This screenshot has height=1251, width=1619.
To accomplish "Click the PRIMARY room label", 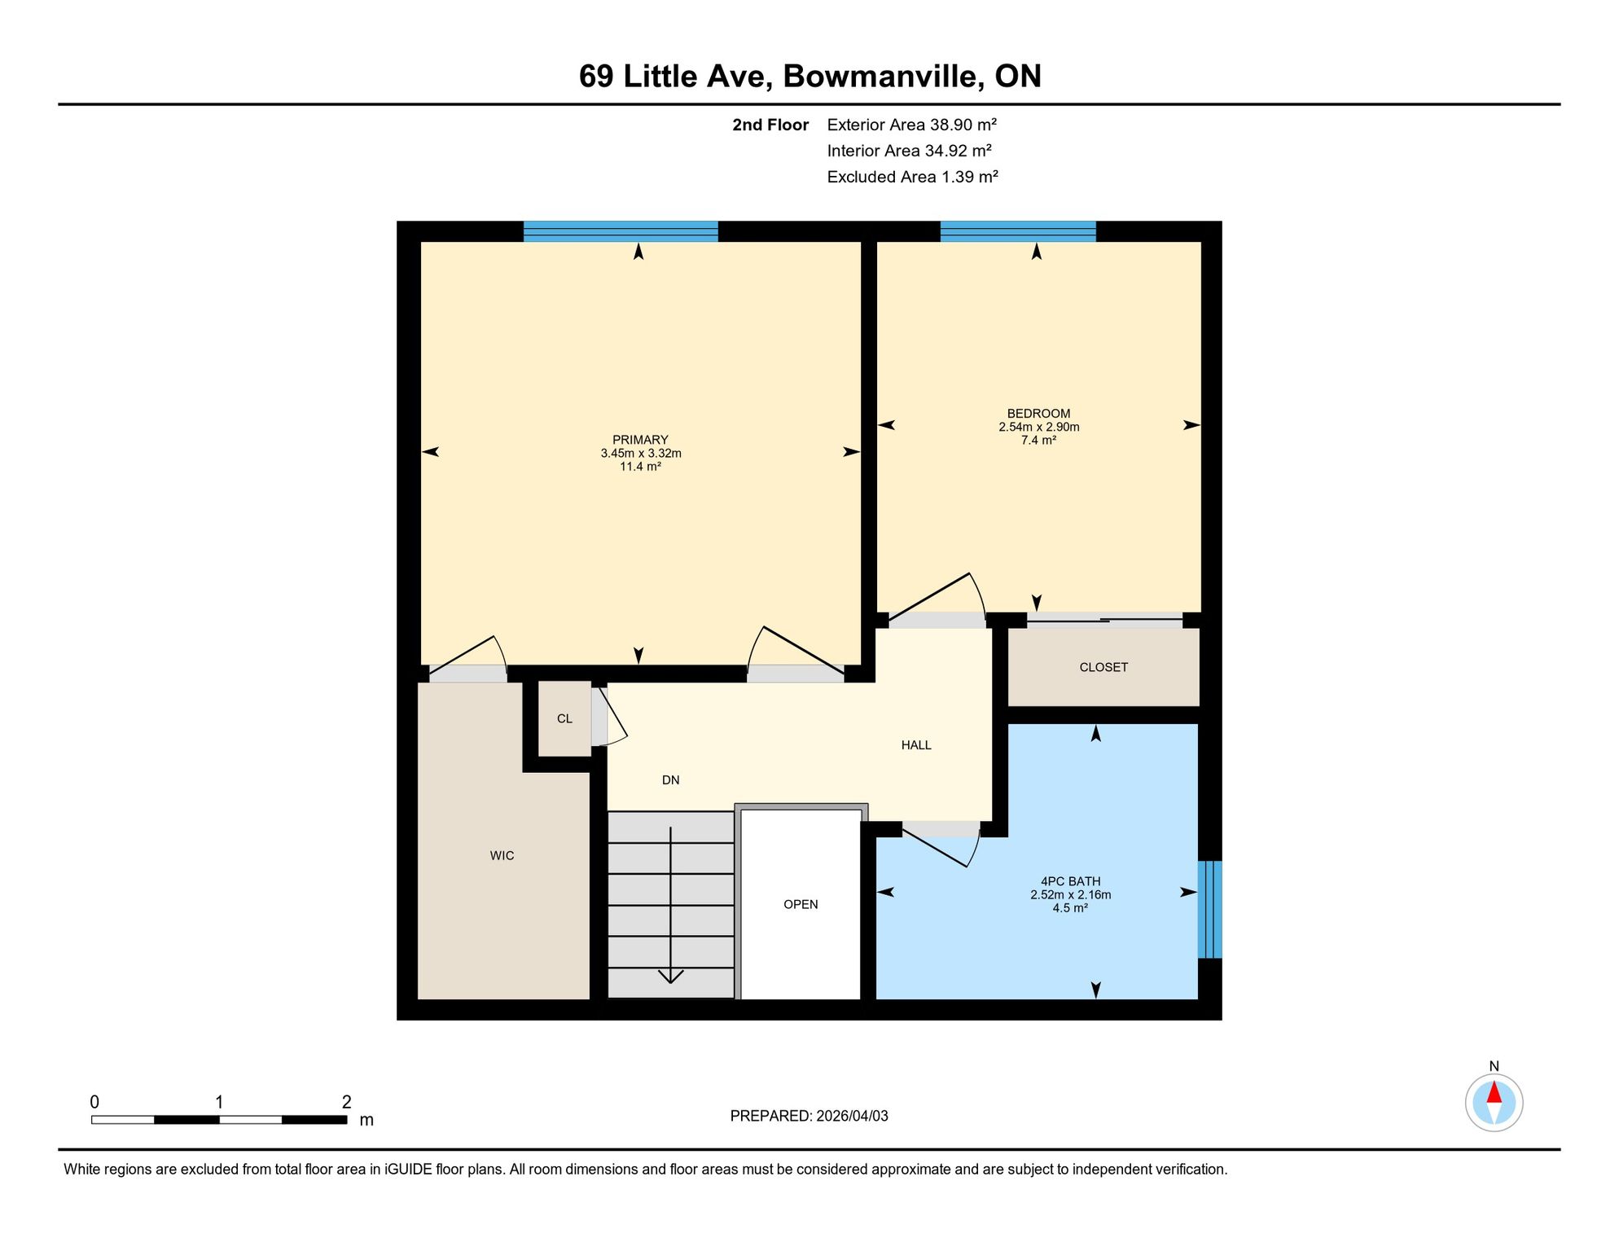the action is (x=640, y=440).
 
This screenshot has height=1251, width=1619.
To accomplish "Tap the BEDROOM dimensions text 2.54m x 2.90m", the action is (x=1039, y=427).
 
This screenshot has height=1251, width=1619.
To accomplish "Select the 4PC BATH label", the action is (x=1070, y=881).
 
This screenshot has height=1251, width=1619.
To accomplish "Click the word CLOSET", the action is (x=1103, y=667).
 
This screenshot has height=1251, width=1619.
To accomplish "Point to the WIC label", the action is (x=502, y=855).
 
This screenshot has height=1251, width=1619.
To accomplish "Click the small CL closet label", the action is (x=564, y=718).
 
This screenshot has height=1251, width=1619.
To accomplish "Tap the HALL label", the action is (x=916, y=744).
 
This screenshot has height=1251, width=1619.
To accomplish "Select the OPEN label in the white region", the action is (x=801, y=904).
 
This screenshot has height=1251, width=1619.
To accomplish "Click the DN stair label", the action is (x=670, y=779).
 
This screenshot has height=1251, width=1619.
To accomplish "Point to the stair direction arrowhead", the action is (x=670, y=976).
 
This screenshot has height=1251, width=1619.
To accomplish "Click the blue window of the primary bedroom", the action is (x=621, y=231).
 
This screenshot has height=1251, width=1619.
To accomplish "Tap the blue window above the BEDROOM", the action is (x=1018, y=231).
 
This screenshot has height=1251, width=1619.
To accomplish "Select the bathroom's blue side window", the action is (x=1209, y=909).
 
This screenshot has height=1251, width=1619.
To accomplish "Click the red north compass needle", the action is (x=1494, y=1092).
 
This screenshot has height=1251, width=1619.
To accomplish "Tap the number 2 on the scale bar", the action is (x=346, y=1102).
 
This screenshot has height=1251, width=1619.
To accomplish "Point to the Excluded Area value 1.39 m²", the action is (x=970, y=177).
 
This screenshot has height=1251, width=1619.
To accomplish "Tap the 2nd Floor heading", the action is (x=770, y=125).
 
